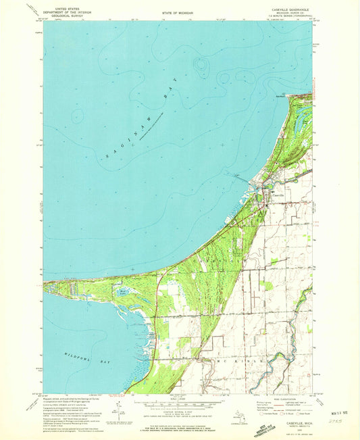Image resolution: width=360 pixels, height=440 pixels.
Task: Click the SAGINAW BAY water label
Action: pyautogui.click(x=136, y=128)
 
